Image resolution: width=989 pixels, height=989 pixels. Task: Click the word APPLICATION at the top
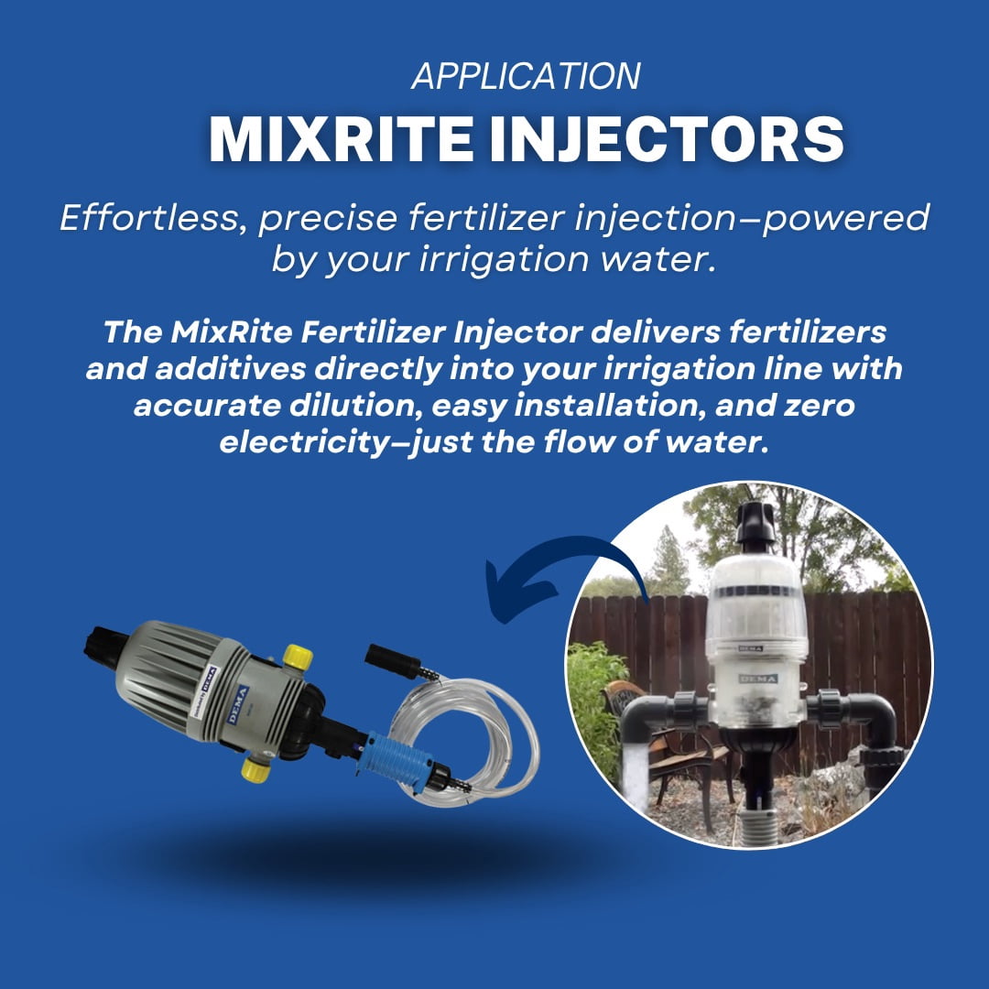[x=526, y=76]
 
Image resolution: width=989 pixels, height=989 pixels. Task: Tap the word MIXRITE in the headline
[x=341, y=138]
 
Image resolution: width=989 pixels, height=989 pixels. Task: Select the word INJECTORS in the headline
[x=667, y=138]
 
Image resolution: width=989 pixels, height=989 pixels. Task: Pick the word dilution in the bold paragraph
[x=356, y=405]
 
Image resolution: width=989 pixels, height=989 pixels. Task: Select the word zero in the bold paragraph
[x=819, y=406]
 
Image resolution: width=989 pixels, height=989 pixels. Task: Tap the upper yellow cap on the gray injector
[x=297, y=658]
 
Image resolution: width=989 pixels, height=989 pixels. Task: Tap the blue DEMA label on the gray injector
[x=238, y=704]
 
